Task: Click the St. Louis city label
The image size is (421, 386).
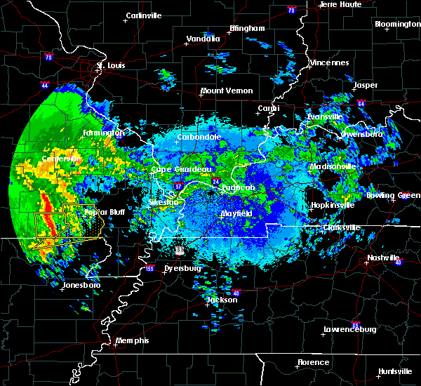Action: tap(110, 66)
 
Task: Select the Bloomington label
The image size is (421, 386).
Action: tap(397, 24)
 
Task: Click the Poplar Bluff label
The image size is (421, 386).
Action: tap(104, 212)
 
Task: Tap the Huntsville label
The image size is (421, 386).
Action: tap(395, 371)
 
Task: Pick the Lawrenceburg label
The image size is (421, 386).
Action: tap(350, 329)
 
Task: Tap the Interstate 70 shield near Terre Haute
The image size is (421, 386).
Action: tap(290, 11)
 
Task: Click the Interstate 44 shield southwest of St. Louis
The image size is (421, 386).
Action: tap(44, 85)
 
